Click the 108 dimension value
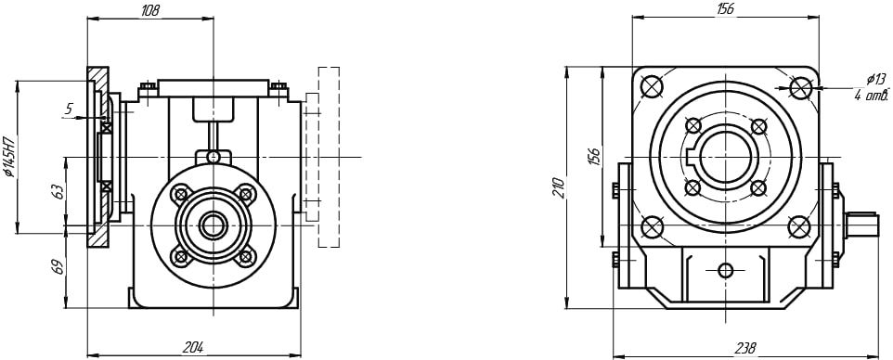pos(149,10)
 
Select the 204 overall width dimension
pos(193,347)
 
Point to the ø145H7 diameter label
pos(9,157)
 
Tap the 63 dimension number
pos(58,191)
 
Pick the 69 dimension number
pos(58,266)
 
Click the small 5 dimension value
pos(69,109)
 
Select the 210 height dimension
pos(558,188)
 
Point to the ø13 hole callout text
pos(876,79)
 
